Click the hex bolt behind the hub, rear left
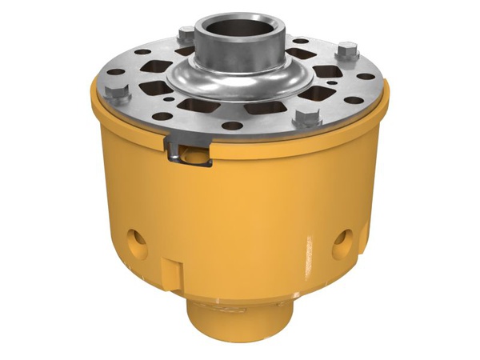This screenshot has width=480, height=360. click(186, 34)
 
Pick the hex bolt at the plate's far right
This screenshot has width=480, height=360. click(346, 54)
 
